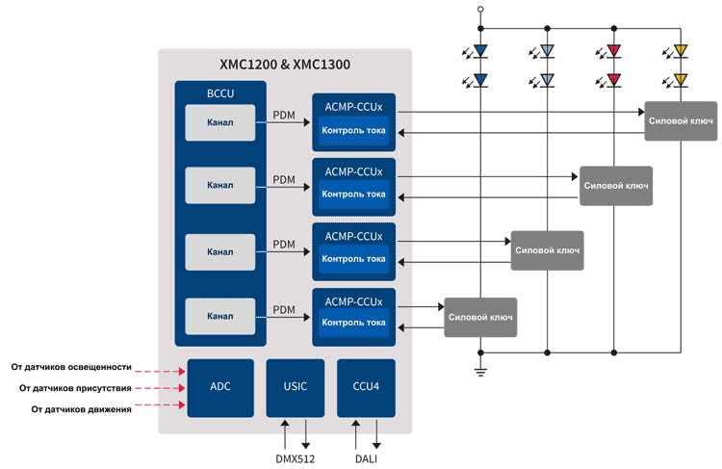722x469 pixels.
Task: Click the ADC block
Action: (220, 388)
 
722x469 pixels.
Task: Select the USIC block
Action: (296, 388)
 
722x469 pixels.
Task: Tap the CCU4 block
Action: (366, 388)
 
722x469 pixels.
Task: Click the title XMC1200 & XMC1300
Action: (285, 65)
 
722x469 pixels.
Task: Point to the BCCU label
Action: (220, 93)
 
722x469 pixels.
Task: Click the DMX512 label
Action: (296, 458)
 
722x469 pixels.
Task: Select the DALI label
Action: (366, 458)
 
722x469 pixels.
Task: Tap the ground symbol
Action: (480, 373)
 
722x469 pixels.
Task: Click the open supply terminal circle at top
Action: (480, 9)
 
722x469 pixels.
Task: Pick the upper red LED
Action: (613, 50)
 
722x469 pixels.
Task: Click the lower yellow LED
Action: (680, 80)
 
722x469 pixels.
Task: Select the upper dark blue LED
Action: (480, 50)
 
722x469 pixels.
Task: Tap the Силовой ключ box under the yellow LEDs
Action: (681, 121)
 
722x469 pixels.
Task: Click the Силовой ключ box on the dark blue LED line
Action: (480, 318)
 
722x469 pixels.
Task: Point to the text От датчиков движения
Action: (81, 409)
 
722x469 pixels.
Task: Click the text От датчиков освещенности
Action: (71, 367)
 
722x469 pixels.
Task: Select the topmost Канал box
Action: (220, 122)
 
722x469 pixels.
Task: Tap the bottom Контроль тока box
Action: (353, 323)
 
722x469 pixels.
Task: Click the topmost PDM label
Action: (284, 115)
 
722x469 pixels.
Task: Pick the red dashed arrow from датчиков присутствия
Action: (160, 388)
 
